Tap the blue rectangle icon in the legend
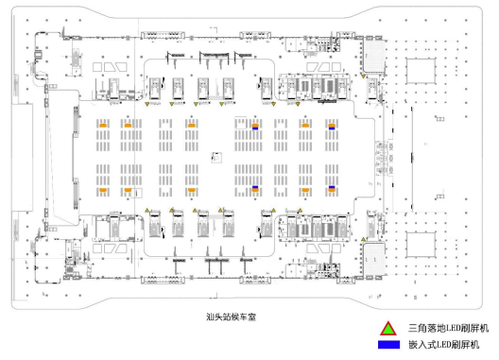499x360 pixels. coord(387,346)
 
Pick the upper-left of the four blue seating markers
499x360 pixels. coord(255,124)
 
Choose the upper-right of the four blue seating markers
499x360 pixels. coord(333,124)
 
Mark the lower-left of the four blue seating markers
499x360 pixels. coord(255,189)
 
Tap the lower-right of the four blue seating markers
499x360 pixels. coord(333,189)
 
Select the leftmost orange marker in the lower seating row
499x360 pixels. coord(102,189)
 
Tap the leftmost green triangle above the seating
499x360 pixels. coord(146,106)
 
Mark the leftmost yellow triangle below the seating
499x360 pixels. coord(147,211)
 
